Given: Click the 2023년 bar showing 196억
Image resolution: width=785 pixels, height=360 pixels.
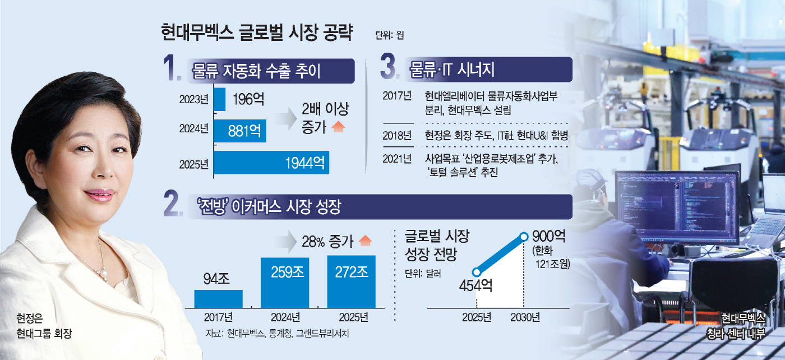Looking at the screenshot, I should coord(220,99).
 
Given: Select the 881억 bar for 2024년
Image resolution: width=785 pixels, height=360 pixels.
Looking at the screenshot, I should coord(240,131).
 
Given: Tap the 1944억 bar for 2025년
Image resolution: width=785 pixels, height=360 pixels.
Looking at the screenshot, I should coord(271,163).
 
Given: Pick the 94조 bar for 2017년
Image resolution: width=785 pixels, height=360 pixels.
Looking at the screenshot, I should coord(218,298).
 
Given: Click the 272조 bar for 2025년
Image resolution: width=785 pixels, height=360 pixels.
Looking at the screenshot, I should coord(351,281).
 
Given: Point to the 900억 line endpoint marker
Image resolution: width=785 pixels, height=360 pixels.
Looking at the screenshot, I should coord(524,237).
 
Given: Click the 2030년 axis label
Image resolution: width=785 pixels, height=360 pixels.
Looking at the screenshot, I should coord(525,318).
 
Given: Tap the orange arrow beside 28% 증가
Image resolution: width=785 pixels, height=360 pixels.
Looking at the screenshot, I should coord(364,242).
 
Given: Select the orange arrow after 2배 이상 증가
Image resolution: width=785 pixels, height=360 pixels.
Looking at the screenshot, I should coord(338,127).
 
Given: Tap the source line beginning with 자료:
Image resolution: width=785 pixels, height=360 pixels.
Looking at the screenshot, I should coord(277,334).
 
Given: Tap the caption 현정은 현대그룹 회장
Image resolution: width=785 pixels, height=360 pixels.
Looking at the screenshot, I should coord(45,327).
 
